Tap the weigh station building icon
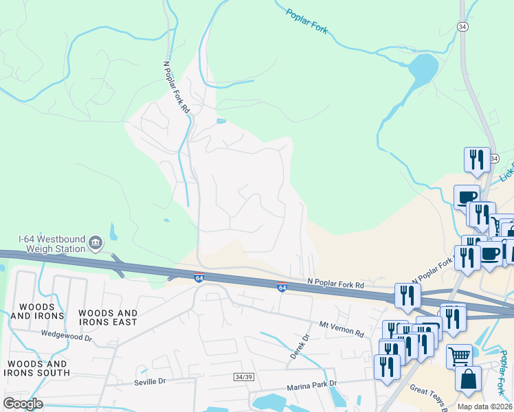tap(96, 242)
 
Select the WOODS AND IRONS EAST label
tap(109, 318)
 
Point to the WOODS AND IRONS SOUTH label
tap(37, 368)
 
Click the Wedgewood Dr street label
tap(66, 337)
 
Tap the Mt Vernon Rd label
tap(342, 328)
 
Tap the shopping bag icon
tap(468, 379)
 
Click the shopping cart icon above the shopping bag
tap(459, 356)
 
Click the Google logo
tap(23, 404)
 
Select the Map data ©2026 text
tap(484, 407)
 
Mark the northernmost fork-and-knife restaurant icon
tap(476, 159)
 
